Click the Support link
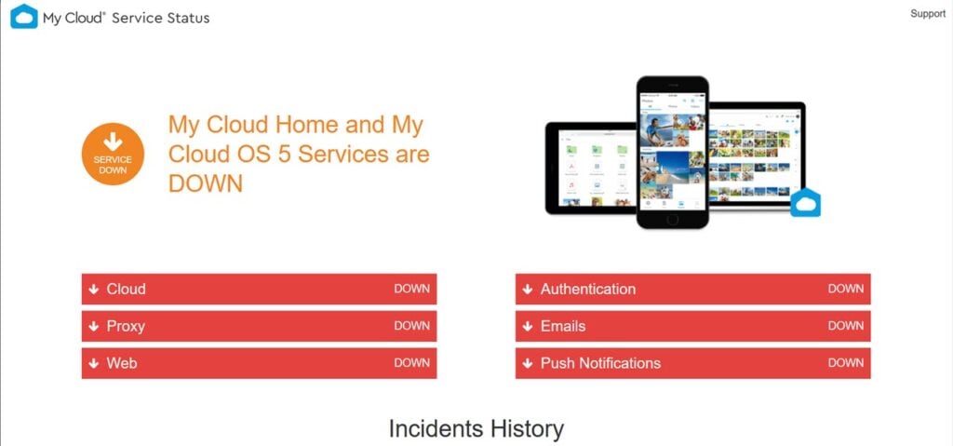(928, 14)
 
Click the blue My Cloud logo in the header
(24, 17)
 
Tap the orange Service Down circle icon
(113, 154)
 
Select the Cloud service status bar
(259, 289)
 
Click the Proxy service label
(126, 327)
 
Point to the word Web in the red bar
(122, 363)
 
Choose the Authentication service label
(588, 289)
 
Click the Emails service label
(563, 326)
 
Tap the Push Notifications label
(600, 363)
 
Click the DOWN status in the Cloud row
(412, 289)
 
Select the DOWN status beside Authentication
(846, 289)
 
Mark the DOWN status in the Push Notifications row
(846, 363)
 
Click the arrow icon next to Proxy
(94, 327)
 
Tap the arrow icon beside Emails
(528, 327)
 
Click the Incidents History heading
(476, 429)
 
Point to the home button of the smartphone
(672, 219)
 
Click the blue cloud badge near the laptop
(805, 203)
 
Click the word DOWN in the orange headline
(206, 182)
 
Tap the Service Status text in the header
(161, 19)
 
